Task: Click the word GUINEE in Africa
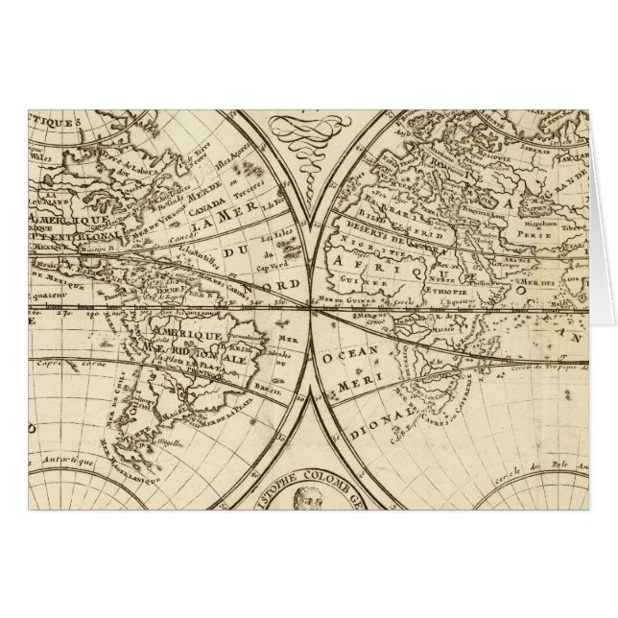[387, 285]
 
